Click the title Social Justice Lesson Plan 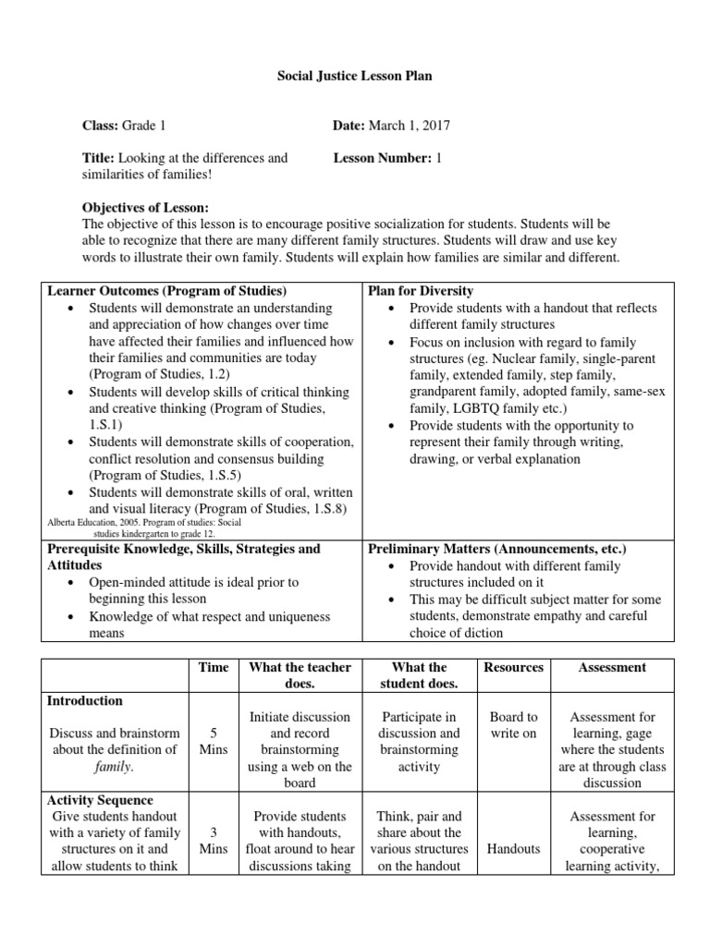355,77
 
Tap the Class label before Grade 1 101,126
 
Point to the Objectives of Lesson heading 146,207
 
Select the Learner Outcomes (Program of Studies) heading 166,291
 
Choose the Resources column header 514,667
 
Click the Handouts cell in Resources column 514,849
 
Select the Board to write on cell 514,725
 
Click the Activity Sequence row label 100,800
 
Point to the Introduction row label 84,701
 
